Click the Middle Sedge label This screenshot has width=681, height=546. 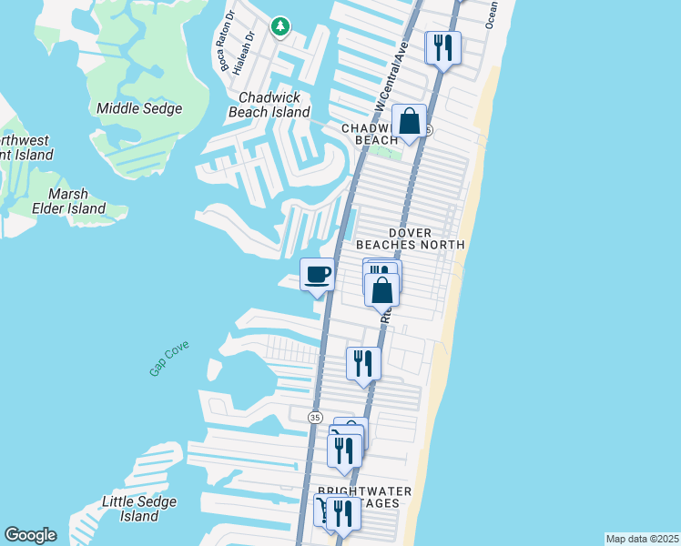tap(139, 108)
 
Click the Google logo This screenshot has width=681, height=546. tap(30, 535)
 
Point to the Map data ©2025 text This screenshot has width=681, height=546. tap(642, 539)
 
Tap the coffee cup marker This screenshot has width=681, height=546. tap(317, 275)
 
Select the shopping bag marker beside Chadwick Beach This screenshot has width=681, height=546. tap(410, 121)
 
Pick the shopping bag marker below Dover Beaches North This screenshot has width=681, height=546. tap(382, 290)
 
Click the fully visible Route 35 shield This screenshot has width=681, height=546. tap(315, 416)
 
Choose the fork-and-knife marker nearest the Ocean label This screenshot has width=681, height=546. tap(443, 47)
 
